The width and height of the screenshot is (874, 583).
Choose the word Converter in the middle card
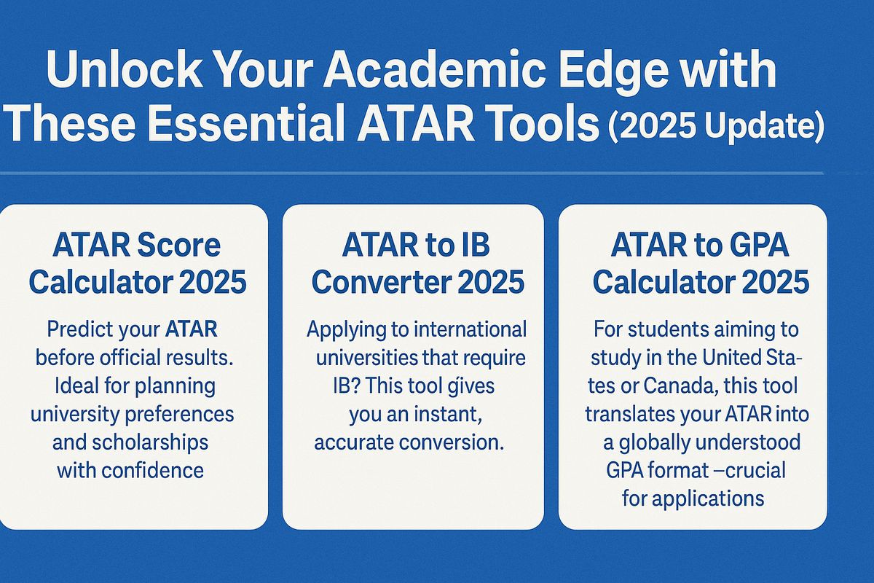[x=379, y=282]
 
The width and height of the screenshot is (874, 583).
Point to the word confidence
[x=152, y=471]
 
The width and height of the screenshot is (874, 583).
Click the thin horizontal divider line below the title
[x=412, y=172]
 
